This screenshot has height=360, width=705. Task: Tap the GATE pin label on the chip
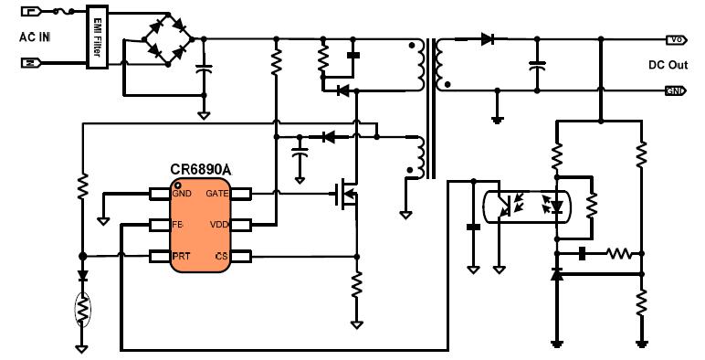216,194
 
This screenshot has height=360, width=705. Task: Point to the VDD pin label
217,225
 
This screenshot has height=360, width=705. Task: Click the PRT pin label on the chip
182,257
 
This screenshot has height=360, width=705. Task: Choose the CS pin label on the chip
221,257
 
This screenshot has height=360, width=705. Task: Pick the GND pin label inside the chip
183,194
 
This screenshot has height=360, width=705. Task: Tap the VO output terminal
676,40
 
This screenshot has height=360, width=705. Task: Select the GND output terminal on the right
676,90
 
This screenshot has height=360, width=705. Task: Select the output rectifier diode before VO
487,39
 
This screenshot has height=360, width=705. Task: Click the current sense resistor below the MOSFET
356,288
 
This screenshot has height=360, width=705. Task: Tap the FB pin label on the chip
179,225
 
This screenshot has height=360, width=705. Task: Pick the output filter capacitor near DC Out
537,65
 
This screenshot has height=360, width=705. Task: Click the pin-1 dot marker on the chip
176,184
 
